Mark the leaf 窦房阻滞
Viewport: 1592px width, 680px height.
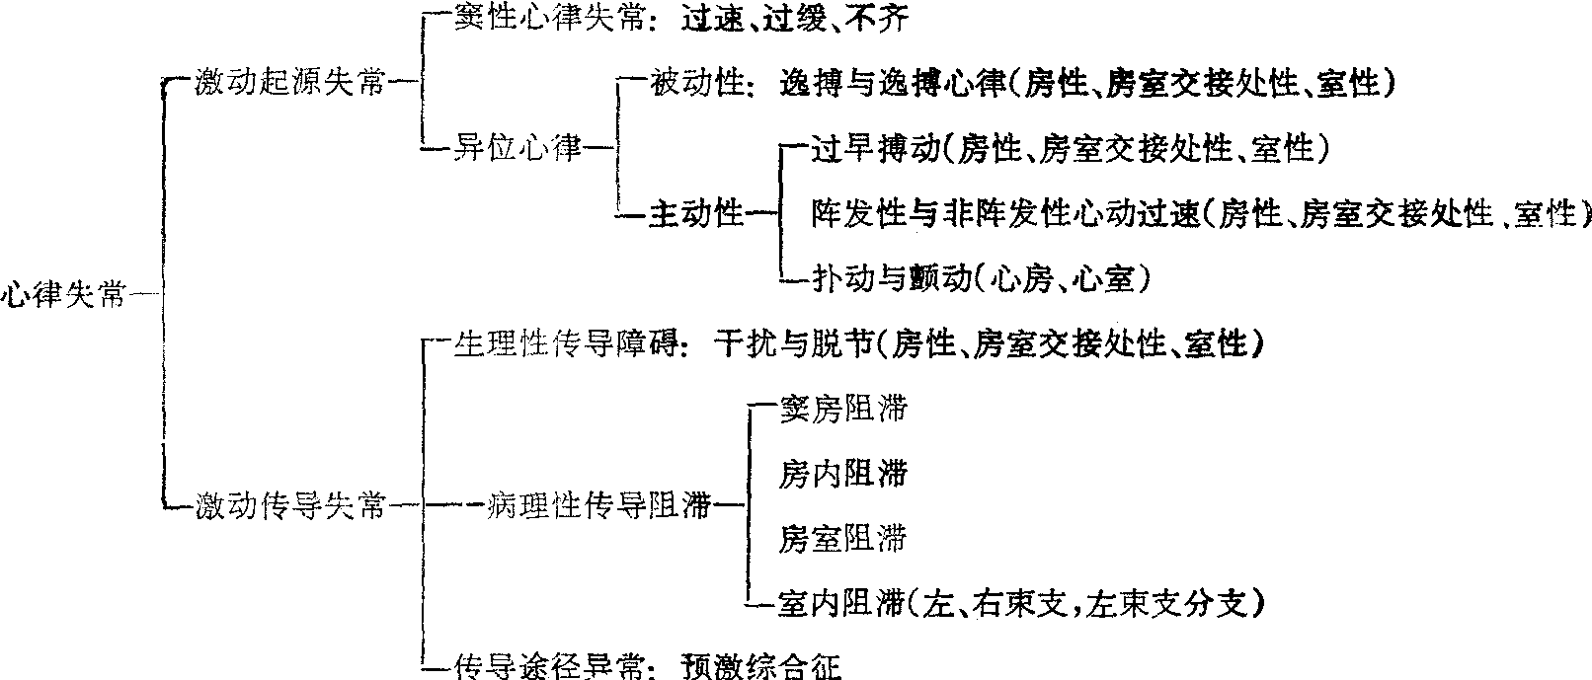point(841,410)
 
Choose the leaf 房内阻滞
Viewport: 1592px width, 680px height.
point(841,475)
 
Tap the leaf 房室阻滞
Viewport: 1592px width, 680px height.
point(841,540)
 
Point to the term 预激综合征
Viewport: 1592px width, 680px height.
point(760,667)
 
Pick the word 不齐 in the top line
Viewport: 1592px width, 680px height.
point(880,19)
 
